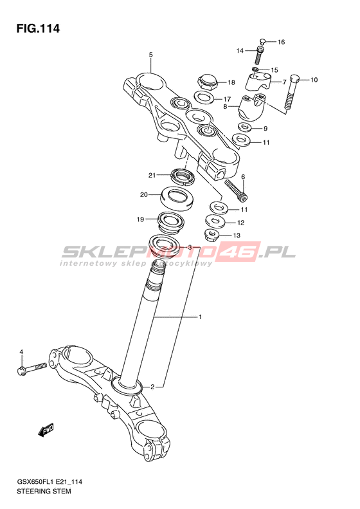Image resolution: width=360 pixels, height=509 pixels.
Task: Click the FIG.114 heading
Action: (39, 28)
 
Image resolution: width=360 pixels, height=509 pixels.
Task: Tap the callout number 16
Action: (281, 42)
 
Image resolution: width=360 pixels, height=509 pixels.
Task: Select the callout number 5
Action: (151, 55)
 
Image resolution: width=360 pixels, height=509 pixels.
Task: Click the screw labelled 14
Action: (260, 55)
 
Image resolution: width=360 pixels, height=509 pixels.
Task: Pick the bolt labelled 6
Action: (236, 190)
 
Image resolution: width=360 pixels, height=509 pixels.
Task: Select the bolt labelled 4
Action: (32, 369)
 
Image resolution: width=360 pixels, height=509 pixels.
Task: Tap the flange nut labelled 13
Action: (211, 234)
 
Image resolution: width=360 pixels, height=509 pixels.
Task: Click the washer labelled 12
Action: (215, 221)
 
